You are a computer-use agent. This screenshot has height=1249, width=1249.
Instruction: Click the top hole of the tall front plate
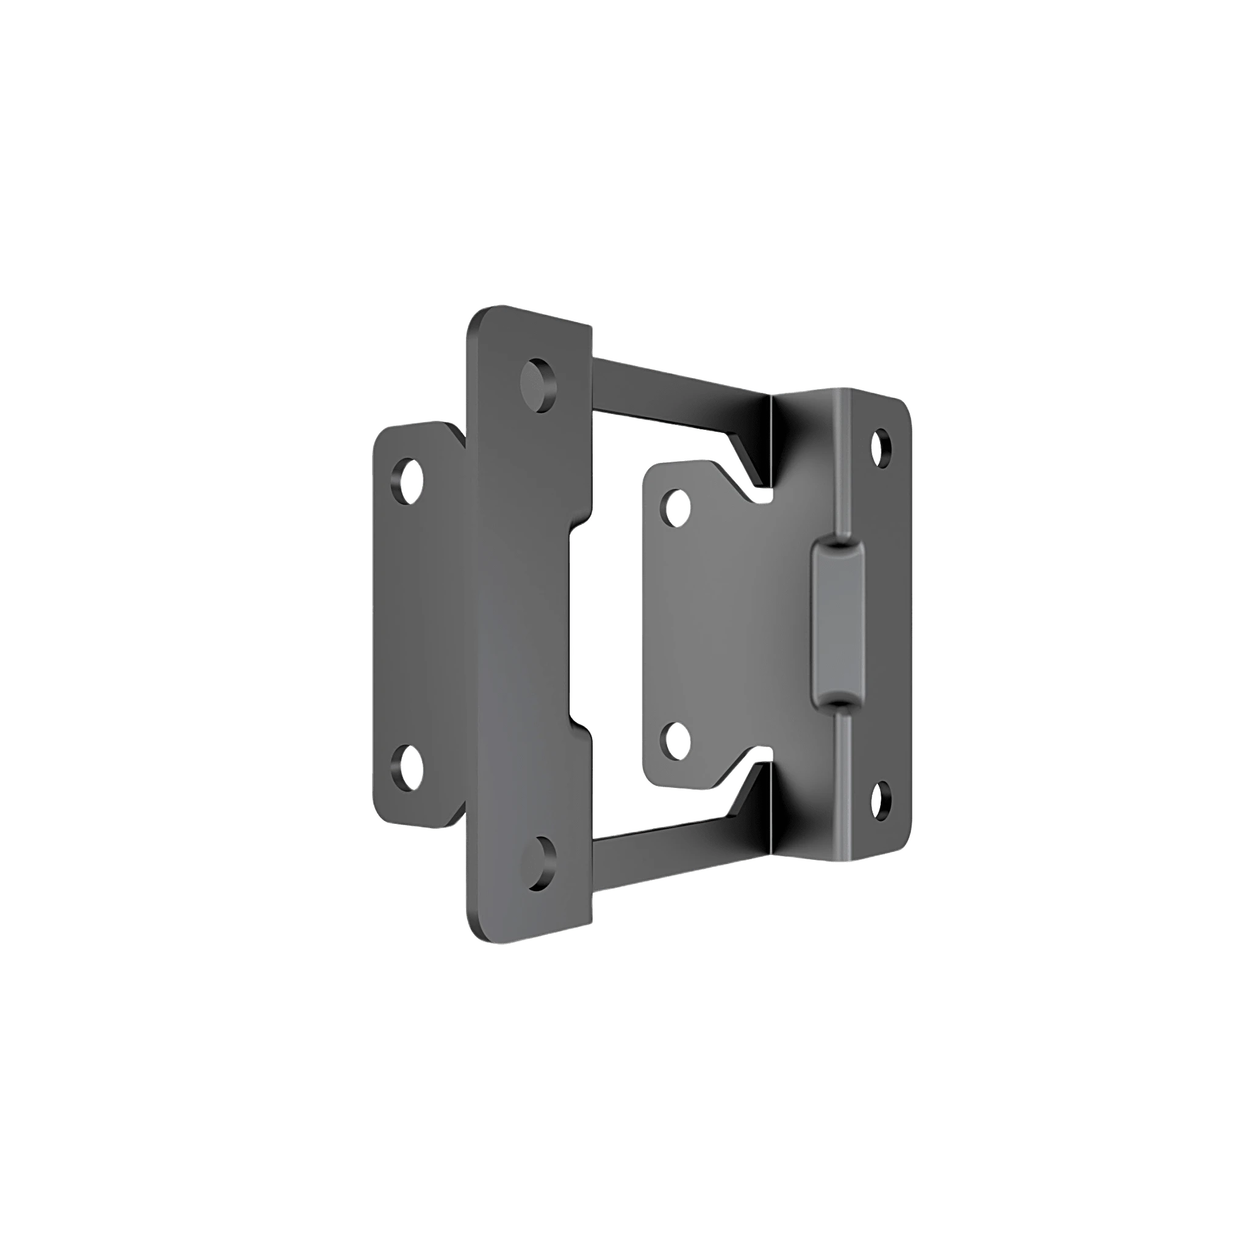click(538, 385)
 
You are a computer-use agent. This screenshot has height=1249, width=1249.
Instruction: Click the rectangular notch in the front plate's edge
click(581, 625)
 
